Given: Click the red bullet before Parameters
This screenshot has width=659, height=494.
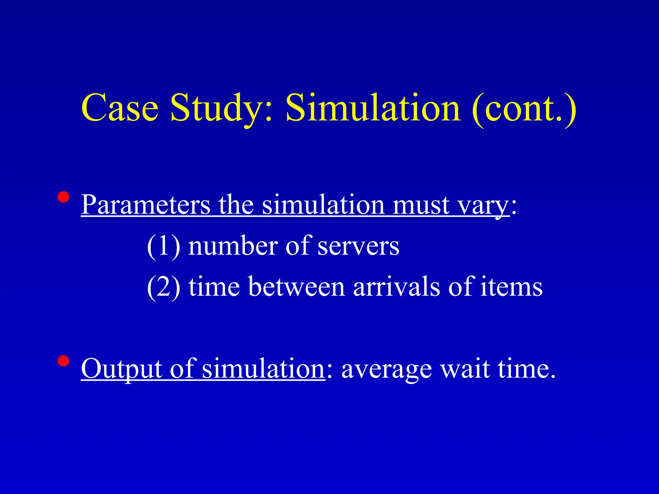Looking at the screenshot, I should (63, 197).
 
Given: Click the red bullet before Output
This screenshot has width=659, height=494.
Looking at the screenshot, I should (63, 361).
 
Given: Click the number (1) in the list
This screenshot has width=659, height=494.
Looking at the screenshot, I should (163, 246).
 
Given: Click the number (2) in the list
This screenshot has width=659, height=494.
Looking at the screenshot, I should (163, 287).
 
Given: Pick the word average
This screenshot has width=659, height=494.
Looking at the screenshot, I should (386, 370).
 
